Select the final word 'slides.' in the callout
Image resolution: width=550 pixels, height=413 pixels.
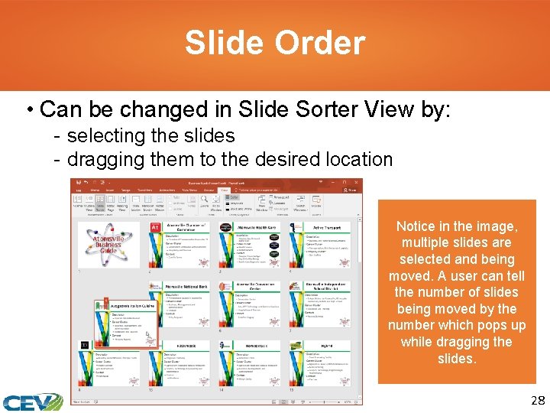(x=456, y=359)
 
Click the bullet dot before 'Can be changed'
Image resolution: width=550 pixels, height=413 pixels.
(x=28, y=110)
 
